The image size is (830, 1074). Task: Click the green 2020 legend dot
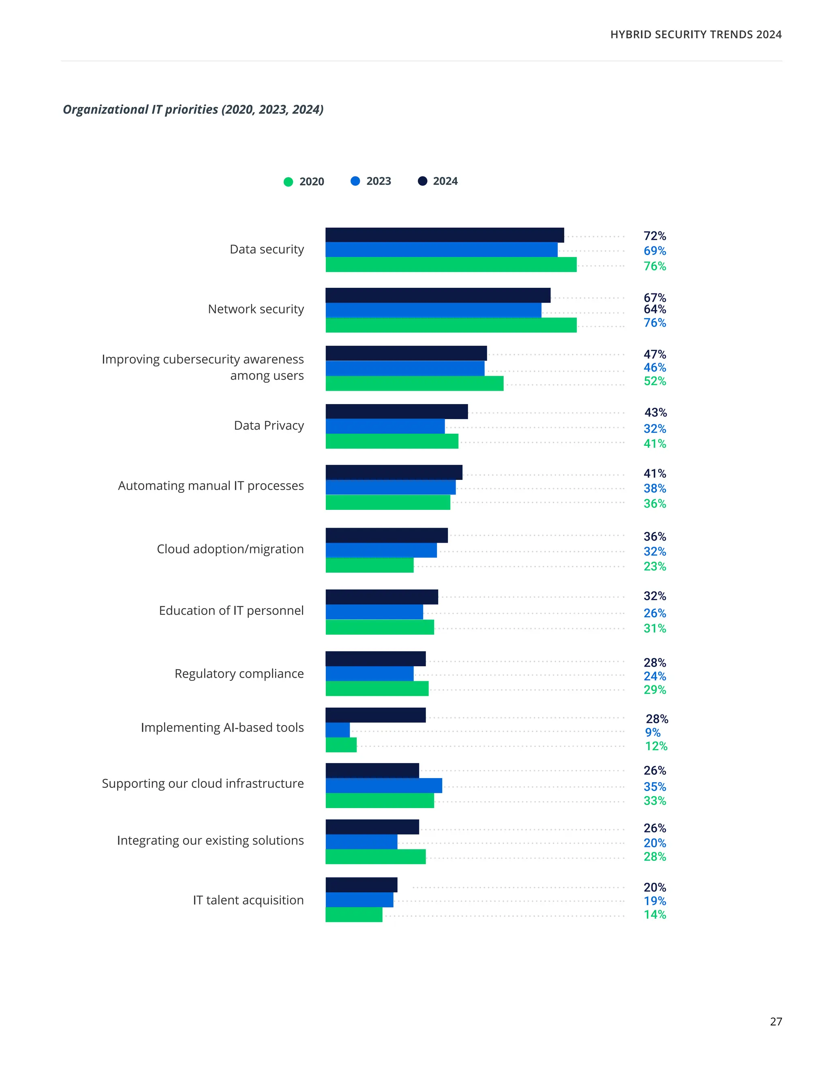coord(289,182)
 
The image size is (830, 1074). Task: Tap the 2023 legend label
coord(378,182)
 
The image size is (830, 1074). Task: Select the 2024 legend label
coord(445,182)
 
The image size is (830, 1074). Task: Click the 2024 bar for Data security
coord(445,235)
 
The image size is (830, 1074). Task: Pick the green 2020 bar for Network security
coord(451,325)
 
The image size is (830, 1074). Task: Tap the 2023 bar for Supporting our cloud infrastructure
coord(383,785)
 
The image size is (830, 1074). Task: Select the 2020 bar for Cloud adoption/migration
coord(369,565)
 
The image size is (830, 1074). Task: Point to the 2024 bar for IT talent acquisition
coord(362,885)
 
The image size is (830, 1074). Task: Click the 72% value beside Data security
coord(655,236)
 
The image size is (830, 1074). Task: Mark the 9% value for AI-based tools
coord(652,732)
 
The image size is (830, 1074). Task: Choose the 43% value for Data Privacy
coord(655,413)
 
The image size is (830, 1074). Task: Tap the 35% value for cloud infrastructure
coord(655,787)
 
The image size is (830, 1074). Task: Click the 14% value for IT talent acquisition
coord(655,915)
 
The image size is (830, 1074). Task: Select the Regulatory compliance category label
coord(239,674)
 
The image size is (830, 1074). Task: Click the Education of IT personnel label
coord(231,611)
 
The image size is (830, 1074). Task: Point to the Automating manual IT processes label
coord(211,486)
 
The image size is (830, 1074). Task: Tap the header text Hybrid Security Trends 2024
coord(696,34)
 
